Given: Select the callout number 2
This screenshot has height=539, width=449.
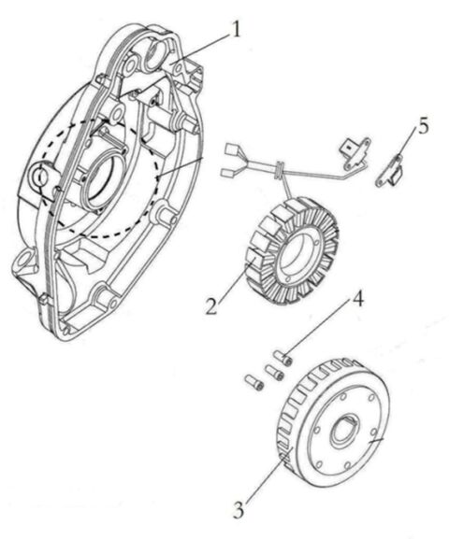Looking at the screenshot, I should (x=214, y=305).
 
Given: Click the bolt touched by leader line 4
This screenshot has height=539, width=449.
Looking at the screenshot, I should (x=286, y=359).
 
